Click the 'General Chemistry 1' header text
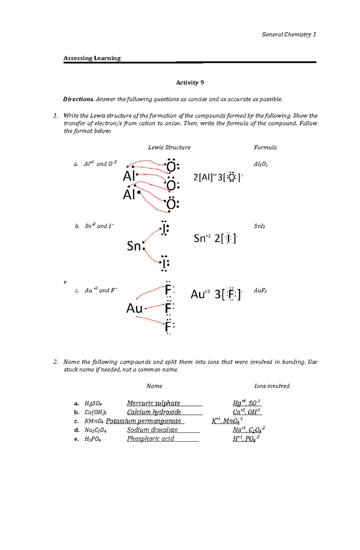point(289,34)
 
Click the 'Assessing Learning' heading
point(92,58)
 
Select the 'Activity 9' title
point(190,83)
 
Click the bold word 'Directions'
point(78,99)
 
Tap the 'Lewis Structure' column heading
point(169,147)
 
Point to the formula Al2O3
point(260,164)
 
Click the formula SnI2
point(259,226)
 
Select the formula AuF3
point(260,290)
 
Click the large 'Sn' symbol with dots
point(134,246)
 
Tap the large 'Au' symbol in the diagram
point(134,308)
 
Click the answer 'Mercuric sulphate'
point(154,403)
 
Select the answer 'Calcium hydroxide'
point(154,412)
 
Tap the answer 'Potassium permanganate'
point(143,421)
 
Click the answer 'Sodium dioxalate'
point(152,430)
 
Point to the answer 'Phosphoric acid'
point(150,439)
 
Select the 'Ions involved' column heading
point(272,386)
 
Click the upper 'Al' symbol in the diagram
point(129,176)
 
